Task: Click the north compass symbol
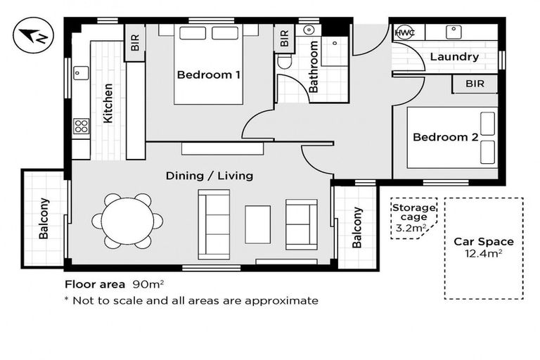[34, 35]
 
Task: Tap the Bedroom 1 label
[208, 75]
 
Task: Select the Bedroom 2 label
[445, 137]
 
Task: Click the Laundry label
[454, 56]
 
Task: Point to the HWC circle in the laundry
[404, 33]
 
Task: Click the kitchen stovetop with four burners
[82, 126]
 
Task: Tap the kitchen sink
[81, 73]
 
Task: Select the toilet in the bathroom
[285, 62]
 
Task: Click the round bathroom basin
[309, 30]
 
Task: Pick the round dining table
[127, 221]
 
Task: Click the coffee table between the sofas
[257, 224]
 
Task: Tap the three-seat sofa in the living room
[214, 224]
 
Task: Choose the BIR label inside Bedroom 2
[475, 84]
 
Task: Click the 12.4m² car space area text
[484, 254]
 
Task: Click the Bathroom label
[314, 67]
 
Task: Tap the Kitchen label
[108, 103]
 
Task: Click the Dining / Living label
[210, 176]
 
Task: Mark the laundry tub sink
[454, 32]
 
